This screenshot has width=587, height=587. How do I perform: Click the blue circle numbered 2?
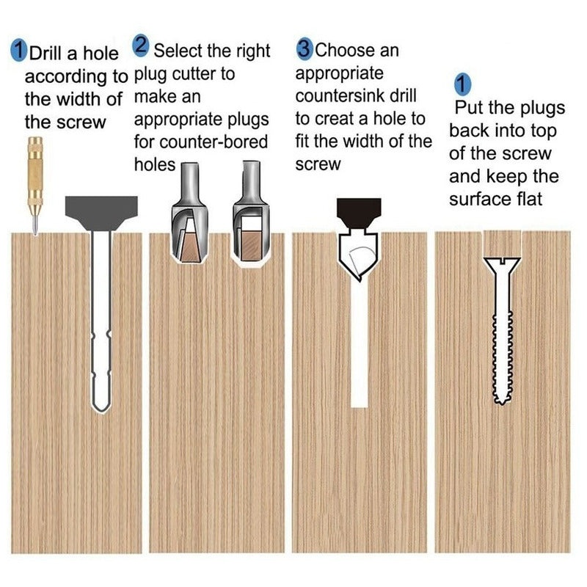tap(141, 45)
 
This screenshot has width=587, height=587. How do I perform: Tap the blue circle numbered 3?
tap(305, 49)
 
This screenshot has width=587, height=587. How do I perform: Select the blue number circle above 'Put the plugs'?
tap(463, 84)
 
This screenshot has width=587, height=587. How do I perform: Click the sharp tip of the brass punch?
tap(35, 234)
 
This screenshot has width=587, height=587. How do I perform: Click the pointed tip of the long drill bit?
tap(101, 411)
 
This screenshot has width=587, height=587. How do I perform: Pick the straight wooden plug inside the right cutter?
tap(251, 245)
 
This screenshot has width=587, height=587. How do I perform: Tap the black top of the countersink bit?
tap(359, 213)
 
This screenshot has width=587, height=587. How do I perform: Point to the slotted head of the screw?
tap(502, 263)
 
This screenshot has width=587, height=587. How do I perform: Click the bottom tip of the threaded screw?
tap(502, 404)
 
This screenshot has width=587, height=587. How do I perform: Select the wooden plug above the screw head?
tap(502, 244)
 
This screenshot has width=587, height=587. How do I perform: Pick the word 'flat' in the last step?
tap(529, 198)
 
